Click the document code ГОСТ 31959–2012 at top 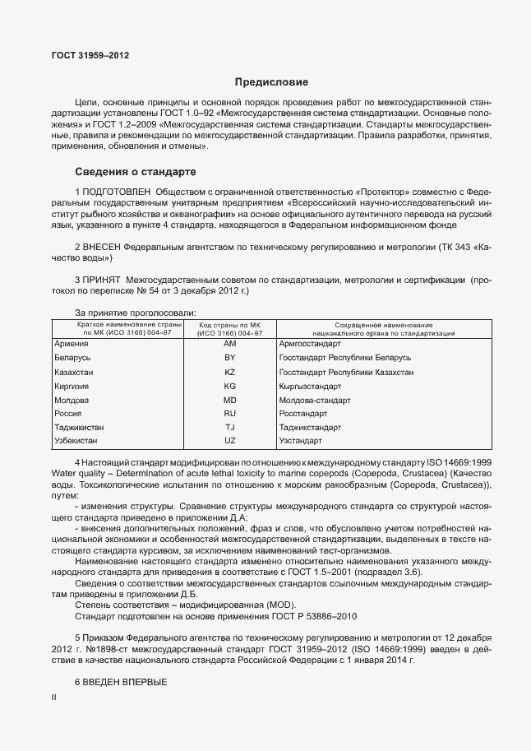[x=90, y=55]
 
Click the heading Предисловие [x=271, y=82]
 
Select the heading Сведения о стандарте [x=136, y=173]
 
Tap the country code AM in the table [x=230, y=343]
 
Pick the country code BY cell [x=230, y=358]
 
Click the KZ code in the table [x=230, y=372]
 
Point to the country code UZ [x=230, y=442]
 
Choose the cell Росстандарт [x=303, y=414]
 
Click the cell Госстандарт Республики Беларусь [x=345, y=358]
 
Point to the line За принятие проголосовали [x=136, y=313]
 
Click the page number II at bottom [x=53, y=698]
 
